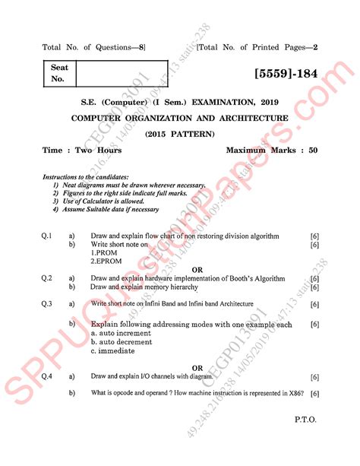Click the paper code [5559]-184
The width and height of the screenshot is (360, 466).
click(280, 74)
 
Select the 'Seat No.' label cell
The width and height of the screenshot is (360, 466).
click(59, 73)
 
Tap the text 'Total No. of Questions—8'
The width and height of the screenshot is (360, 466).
click(93, 48)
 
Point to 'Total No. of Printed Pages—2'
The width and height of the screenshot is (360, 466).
click(257, 48)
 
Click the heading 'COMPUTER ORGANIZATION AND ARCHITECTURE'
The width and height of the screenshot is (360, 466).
click(179, 119)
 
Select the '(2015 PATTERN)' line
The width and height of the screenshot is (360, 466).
click(180, 135)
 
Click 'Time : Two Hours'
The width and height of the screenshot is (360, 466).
click(82, 151)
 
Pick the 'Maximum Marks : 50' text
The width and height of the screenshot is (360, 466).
click(271, 151)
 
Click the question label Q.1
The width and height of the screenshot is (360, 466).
click(46, 236)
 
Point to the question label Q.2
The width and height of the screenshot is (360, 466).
click(46, 278)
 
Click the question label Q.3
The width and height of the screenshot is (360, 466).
click(46, 303)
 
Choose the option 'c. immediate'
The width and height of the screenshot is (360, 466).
click(113, 351)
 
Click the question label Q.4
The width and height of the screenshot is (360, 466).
click(46, 376)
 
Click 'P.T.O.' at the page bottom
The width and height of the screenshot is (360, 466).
click(305, 419)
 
